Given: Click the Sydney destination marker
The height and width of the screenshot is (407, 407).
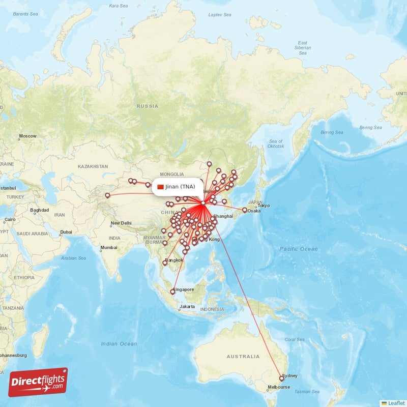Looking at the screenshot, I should pos(281,379).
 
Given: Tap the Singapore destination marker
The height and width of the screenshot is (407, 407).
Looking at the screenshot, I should pos(172,292).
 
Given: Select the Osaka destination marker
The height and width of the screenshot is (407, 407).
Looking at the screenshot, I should pos(245,210).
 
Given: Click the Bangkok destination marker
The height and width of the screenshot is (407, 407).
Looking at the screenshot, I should pos(164,263).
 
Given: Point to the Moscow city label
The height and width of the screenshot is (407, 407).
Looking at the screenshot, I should pos(27,136).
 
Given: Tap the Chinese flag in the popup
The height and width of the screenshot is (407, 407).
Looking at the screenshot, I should pos(161,187).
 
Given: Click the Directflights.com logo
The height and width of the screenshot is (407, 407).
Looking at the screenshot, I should pos(38,382).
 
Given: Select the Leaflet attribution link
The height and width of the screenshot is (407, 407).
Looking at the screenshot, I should pos(395,402).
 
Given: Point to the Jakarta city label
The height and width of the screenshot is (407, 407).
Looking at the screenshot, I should pos(187,307).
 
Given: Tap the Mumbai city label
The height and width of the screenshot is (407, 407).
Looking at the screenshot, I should pos(108,248).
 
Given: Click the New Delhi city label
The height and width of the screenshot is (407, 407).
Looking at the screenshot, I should pos(122,223).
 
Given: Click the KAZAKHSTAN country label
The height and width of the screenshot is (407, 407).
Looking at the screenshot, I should pos(93,166).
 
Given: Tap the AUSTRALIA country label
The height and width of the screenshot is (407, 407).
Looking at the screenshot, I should pos(243,356).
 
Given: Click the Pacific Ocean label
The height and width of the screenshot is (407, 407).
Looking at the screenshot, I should pos(299,249).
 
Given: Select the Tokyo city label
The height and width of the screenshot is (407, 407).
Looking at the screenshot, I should pos(264,206).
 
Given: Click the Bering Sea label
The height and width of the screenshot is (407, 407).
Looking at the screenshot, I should pos(371,127).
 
